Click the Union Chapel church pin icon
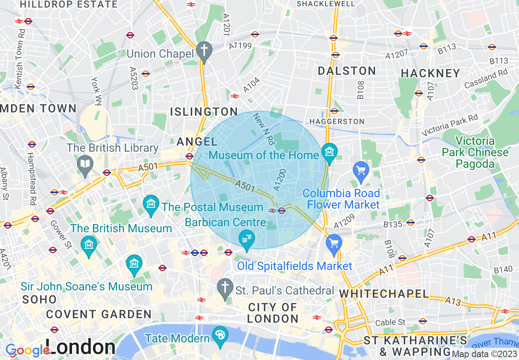pyautogui.click(x=203, y=50)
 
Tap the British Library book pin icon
pyautogui.click(x=85, y=164)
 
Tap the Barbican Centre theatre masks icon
pyautogui.click(x=247, y=238)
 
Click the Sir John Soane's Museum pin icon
pyautogui.click(x=134, y=263)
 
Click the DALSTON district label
pyautogui.click(x=347, y=71)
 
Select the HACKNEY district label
pyautogui.click(x=431, y=73)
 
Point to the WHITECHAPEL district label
pyautogui.click(x=384, y=294)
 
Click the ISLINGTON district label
pyautogui.click(x=204, y=112)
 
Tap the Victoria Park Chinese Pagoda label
pyautogui.click(x=475, y=153)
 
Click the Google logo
pyautogui.click(x=27, y=350)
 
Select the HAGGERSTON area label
pyautogui.click(x=337, y=122)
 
